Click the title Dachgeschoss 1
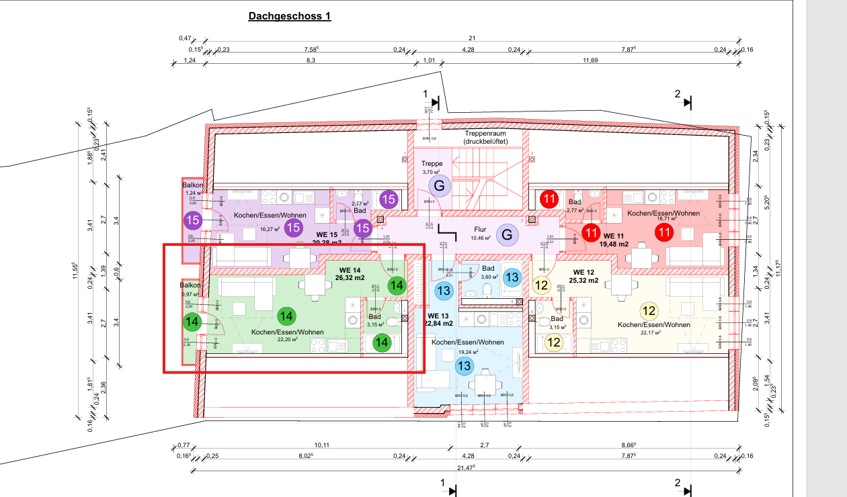[290, 16]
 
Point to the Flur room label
[480, 230]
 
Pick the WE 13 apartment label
[438, 316]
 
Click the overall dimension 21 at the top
[473, 38]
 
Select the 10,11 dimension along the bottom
[322, 445]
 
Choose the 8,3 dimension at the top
[311, 61]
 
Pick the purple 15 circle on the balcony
[193, 220]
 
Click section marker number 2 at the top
[678, 94]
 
